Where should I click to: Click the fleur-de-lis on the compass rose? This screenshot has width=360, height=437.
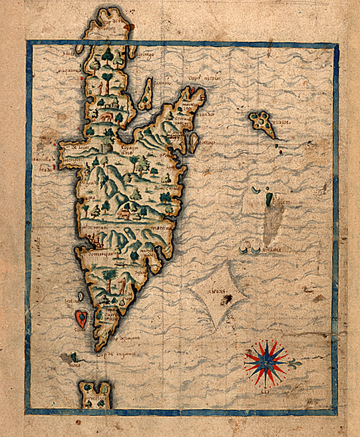293,364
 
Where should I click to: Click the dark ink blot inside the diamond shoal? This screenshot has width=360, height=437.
228,301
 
